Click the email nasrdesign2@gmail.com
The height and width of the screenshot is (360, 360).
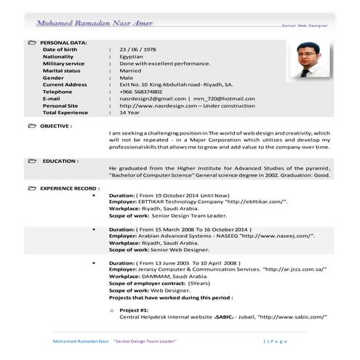(153, 99)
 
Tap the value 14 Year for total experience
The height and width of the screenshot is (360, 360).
(130, 113)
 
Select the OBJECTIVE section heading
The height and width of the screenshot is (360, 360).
(56, 126)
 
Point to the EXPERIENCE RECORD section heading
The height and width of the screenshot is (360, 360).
(70, 188)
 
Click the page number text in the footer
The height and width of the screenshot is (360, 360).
(276, 341)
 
